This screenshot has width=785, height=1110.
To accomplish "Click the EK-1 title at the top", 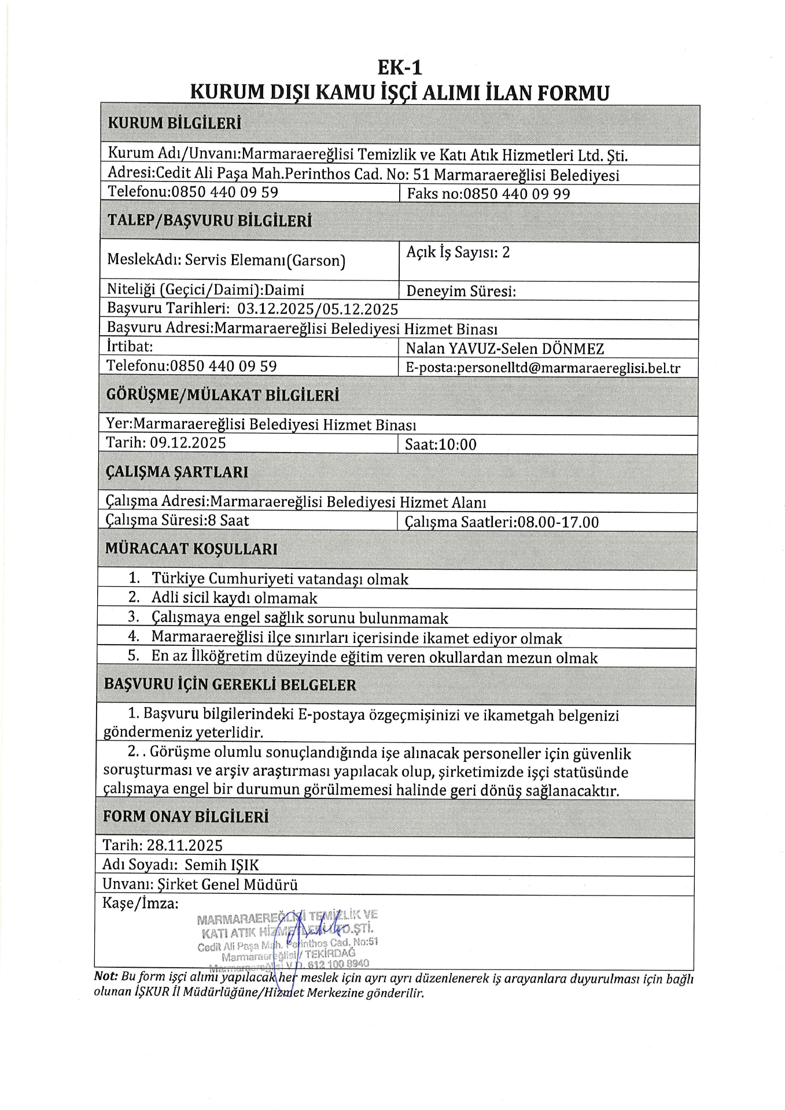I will point(400,68).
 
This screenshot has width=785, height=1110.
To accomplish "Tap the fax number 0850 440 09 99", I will point(517,194).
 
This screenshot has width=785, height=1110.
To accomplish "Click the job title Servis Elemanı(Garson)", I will point(265,261).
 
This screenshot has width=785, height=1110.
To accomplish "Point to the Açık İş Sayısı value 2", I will point(506,252).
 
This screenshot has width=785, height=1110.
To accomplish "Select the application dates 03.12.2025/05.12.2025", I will point(318,309).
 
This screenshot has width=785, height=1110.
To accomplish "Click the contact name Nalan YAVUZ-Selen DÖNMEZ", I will point(505,349).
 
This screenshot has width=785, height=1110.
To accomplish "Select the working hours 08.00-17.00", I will point(558,522).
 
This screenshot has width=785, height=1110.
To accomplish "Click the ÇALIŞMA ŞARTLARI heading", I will point(177,472).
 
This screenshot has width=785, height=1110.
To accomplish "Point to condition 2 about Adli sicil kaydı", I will point(234,598).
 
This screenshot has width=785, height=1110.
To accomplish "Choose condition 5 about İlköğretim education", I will point(374,657).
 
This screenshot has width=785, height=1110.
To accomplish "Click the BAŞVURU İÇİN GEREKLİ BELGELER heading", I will point(230,685).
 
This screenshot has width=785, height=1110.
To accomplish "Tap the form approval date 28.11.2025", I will point(185,846).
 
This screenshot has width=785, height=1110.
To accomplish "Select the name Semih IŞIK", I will point(222,865).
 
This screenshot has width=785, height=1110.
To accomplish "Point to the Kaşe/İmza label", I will point(141,903).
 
